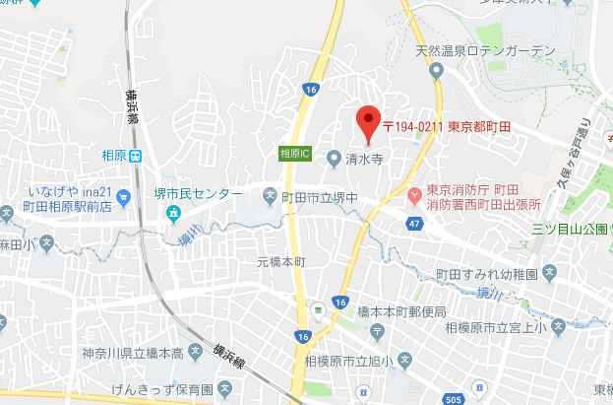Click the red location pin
click(x=367, y=120)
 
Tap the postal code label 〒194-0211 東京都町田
click(x=447, y=127)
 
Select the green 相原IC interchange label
click(x=294, y=154)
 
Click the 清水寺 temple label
click(x=363, y=156)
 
